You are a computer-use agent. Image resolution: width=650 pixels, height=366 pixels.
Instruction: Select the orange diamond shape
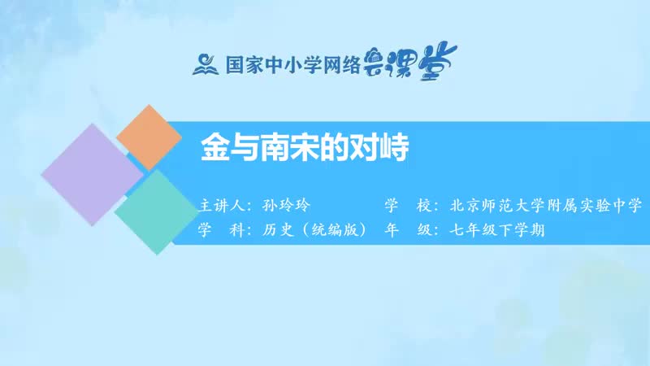[149, 137]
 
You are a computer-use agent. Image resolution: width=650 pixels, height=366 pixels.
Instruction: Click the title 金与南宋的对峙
[302, 150]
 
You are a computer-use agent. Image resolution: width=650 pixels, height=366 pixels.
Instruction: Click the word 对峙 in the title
[375, 150]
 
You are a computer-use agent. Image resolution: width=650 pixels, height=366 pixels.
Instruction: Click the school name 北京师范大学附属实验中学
[545, 204]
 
